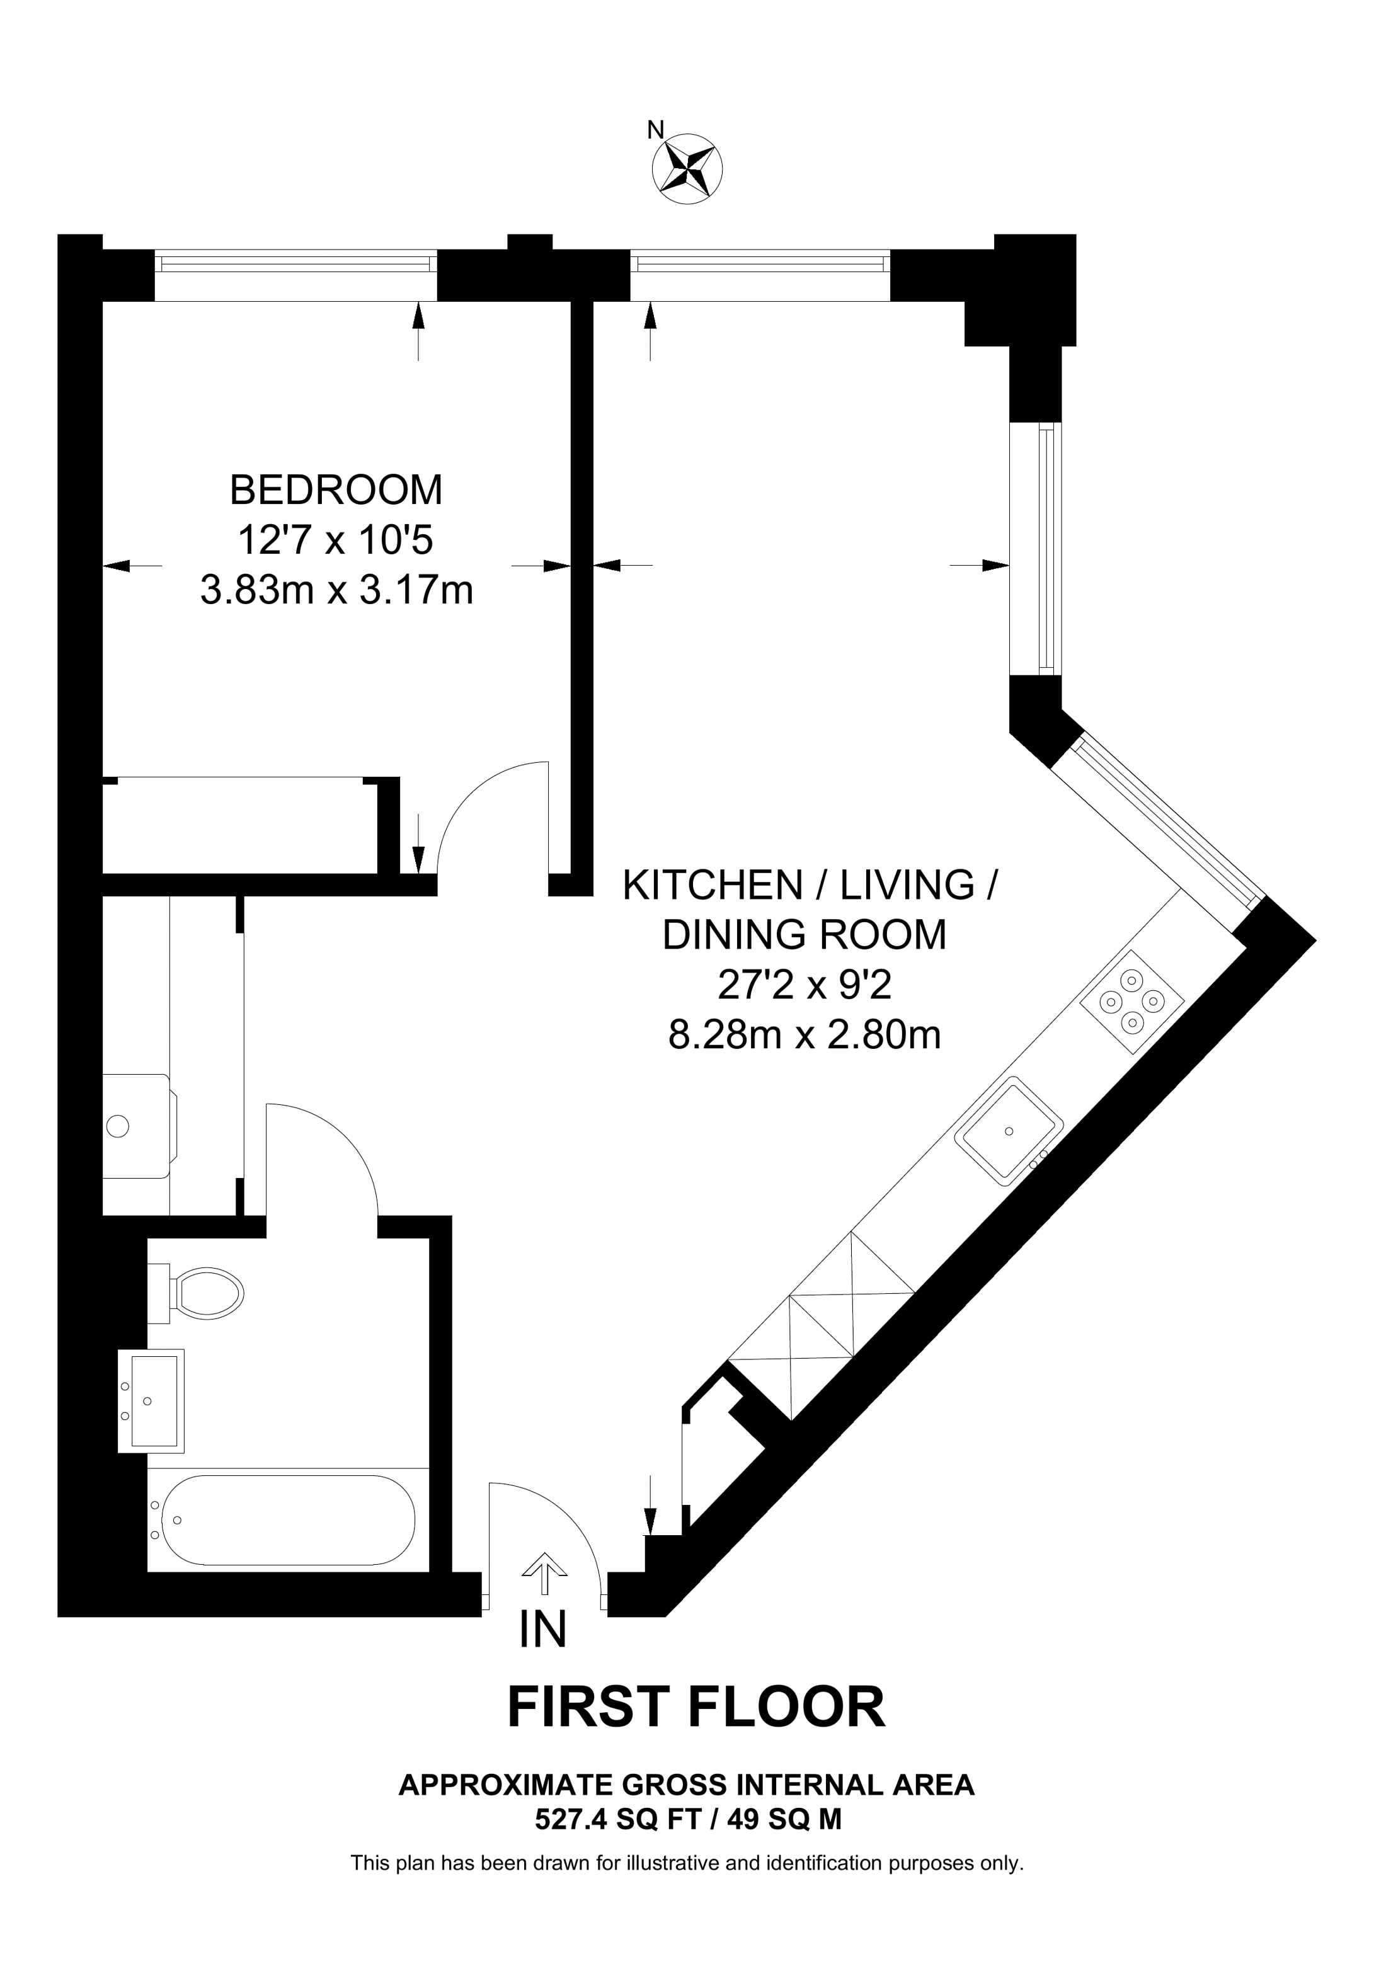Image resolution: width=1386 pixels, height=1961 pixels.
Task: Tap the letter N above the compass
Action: (x=655, y=130)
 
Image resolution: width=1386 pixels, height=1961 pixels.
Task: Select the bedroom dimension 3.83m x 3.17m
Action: (x=336, y=590)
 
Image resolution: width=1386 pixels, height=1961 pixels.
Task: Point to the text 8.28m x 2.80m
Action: (x=804, y=1035)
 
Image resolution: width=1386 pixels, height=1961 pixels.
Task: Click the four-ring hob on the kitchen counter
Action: (x=1131, y=1002)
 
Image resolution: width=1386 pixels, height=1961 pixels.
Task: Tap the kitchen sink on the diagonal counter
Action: (x=1009, y=1131)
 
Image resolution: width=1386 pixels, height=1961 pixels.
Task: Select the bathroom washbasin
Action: (x=152, y=1401)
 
